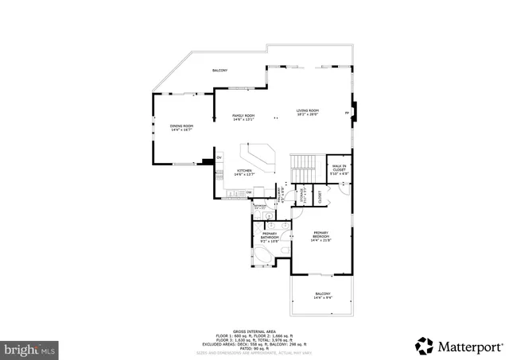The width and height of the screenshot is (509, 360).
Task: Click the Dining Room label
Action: [181, 128]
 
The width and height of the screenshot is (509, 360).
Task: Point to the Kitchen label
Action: [243, 172]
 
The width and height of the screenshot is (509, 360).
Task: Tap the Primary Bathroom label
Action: [270, 236]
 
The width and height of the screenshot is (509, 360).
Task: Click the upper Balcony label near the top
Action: [220, 71]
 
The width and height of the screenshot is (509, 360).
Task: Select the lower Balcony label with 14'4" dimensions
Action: [322, 295]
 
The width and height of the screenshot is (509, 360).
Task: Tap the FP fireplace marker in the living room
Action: [347, 114]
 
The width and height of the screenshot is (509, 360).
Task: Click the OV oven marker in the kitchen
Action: [219, 157]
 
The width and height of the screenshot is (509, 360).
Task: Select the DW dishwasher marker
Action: [249, 192]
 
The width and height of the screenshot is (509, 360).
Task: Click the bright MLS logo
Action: [29, 348]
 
